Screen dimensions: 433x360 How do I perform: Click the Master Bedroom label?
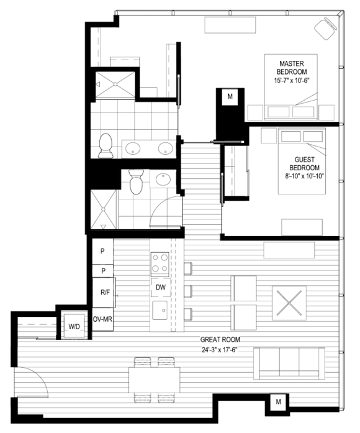point(290,71)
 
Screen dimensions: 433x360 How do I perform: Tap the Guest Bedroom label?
point(307,168)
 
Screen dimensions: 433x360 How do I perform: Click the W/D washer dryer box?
point(74,326)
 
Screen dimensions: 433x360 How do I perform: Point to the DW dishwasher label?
point(160,288)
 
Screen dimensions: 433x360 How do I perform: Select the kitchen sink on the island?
point(161,310)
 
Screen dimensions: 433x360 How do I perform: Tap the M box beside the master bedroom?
point(230,96)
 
